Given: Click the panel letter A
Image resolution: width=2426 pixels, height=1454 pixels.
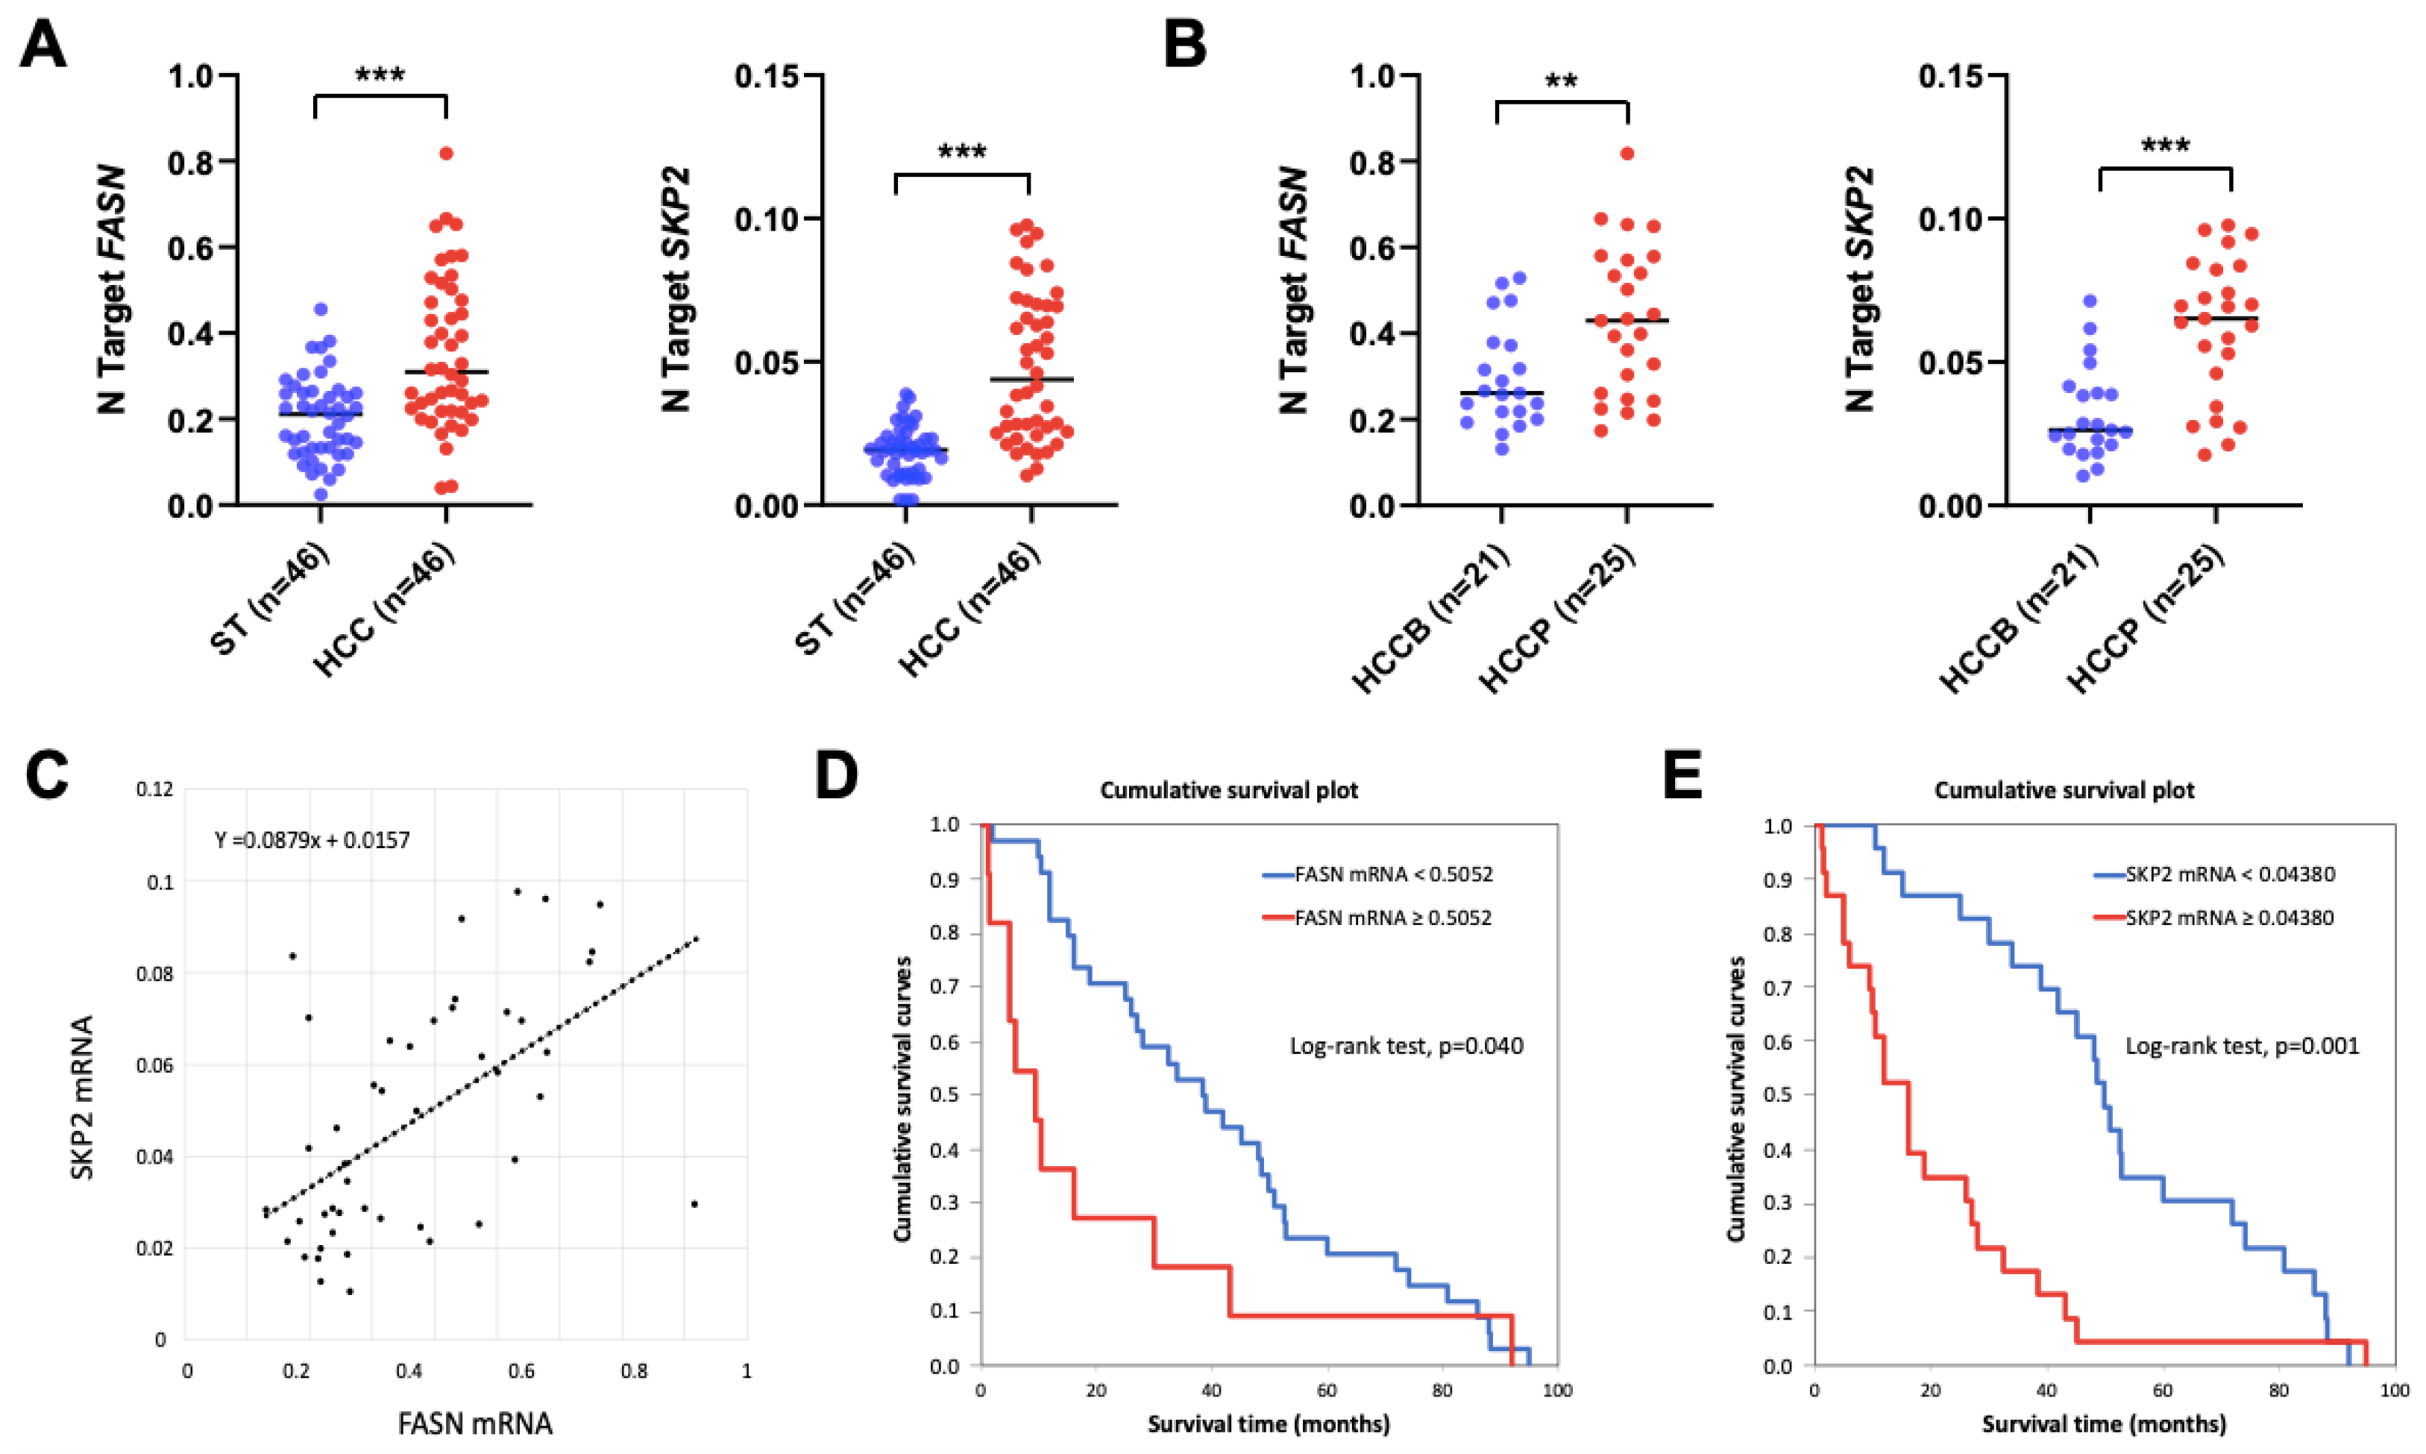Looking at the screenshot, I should click(43, 46).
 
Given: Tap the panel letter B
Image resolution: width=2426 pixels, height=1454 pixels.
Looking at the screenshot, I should click(1184, 46).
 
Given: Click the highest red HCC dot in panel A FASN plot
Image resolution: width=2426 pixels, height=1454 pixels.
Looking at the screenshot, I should click(447, 153).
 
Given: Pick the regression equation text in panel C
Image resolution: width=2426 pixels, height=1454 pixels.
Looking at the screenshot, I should click(312, 841).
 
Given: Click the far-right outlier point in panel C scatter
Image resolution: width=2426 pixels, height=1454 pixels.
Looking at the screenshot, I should click(694, 1204).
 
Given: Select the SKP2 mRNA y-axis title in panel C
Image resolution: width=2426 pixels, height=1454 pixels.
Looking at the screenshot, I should click(84, 1097).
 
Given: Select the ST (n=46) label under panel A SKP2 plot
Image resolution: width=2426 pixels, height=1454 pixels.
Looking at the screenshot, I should click(855, 600).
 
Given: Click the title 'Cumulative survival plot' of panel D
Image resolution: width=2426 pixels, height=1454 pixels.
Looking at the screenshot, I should click(1229, 791).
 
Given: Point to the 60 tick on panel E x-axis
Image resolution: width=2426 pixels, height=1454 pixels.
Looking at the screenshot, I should click(2163, 1391).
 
